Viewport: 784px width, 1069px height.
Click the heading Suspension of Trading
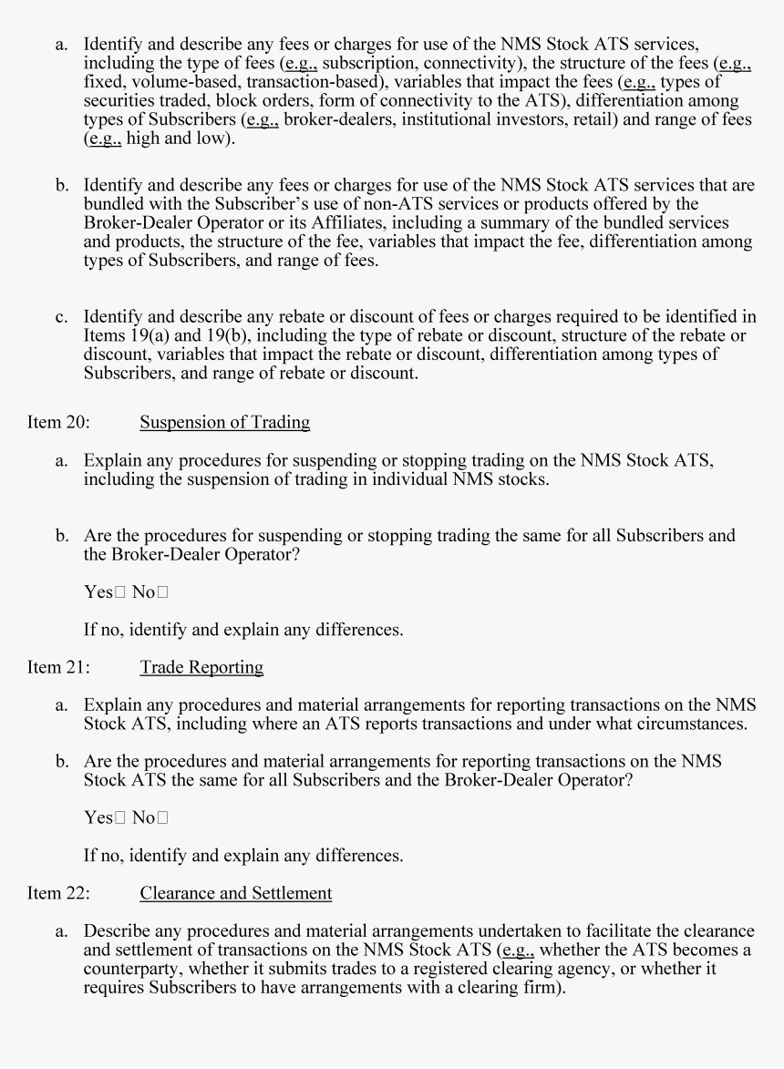[x=224, y=423]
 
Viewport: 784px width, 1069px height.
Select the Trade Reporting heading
[x=201, y=667]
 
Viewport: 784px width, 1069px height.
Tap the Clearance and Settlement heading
[x=235, y=893]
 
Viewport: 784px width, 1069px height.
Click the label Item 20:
[x=58, y=423]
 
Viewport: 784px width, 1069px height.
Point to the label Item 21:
[x=58, y=667]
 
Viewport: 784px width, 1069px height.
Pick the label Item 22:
[x=58, y=893]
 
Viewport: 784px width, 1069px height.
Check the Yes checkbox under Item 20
[x=119, y=593]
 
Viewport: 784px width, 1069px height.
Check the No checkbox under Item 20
[x=162, y=593]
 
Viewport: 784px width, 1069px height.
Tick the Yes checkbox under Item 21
[x=119, y=818]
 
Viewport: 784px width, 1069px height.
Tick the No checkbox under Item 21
[x=162, y=818]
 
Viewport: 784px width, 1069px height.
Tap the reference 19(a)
[x=140, y=335]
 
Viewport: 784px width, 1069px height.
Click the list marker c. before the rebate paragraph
[x=61, y=317]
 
